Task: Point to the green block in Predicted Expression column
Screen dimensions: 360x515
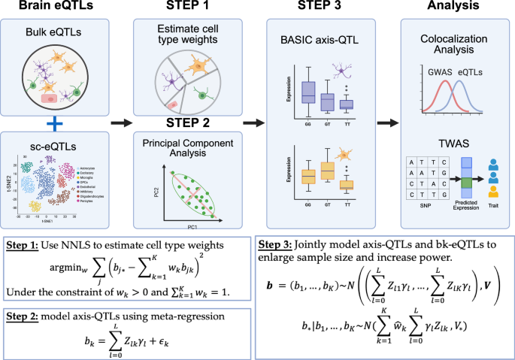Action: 465,182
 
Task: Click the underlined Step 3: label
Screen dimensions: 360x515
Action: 277,245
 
